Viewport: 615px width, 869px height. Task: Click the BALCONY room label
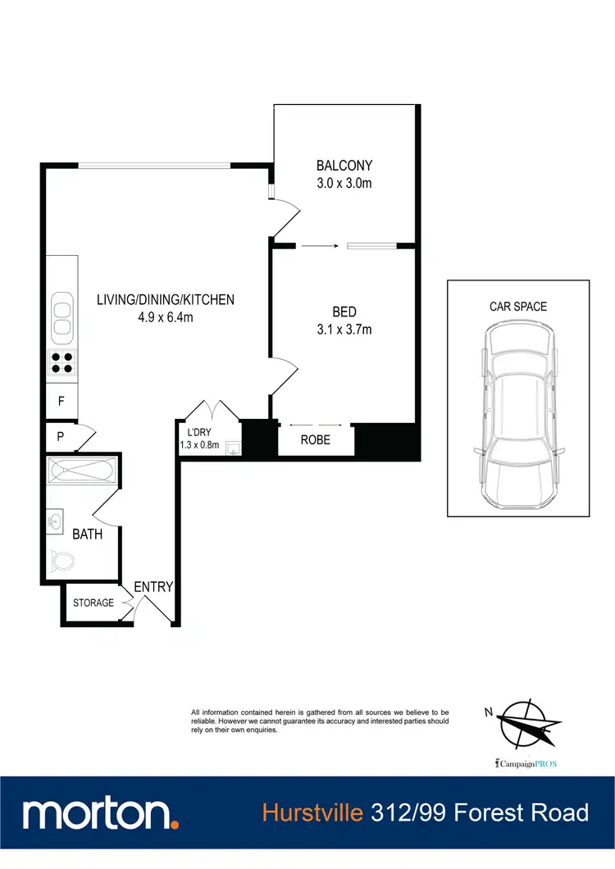click(344, 166)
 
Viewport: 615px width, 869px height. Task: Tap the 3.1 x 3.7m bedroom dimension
click(344, 330)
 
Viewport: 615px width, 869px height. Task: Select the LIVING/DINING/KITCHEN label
click(166, 300)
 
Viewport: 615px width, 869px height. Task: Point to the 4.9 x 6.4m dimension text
click(166, 317)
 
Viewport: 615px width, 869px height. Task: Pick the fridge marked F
click(61, 401)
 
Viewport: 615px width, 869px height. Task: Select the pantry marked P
click(61, 435)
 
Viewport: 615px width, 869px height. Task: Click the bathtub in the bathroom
click(82, 471)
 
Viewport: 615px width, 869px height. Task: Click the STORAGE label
click(93, 603)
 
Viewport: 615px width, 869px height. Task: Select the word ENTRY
click(153, 587)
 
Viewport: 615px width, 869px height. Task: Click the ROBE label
click(316, 440)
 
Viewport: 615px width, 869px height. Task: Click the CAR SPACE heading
click(518, 307)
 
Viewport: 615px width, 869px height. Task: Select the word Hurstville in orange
click(312, 813)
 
